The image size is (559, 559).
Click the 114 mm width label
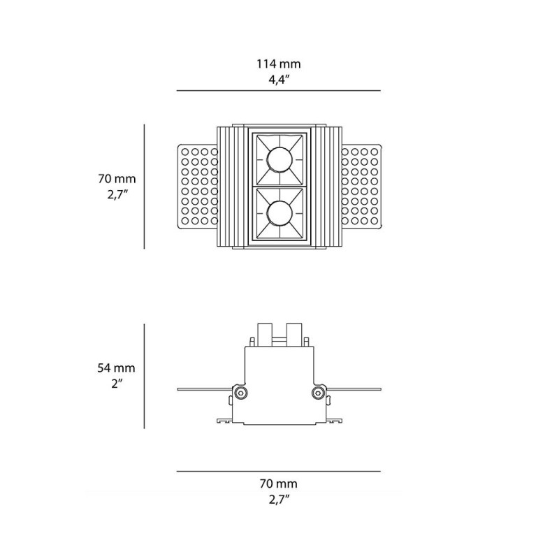coord(279,64)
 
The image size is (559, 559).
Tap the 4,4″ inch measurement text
coord(279,79)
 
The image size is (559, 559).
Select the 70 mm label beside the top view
coord(117,180)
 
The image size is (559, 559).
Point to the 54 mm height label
coord(117,368)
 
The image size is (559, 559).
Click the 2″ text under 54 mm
coord(117,384)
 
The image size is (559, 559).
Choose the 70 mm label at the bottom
coord(279,484)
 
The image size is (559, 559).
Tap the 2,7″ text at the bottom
coord(279,499)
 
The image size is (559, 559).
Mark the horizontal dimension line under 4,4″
coord(279,91)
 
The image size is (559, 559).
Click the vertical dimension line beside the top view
coord(145,187)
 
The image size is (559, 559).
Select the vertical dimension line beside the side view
coord(145,377)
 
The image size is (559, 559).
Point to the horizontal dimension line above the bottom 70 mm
coord(279,472)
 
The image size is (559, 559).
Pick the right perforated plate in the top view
coord(362,187)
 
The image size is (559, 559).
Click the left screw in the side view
coord(240,393)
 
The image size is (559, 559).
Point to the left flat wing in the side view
coord(203,389)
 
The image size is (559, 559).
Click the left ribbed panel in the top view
coord(232,187)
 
